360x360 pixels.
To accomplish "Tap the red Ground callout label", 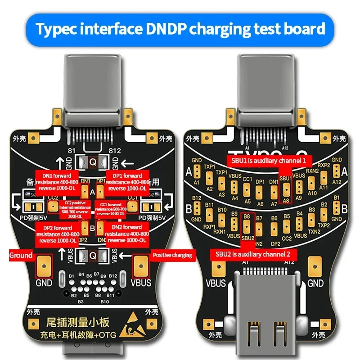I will click(21, 255).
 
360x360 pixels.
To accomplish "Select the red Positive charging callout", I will click(173, 255).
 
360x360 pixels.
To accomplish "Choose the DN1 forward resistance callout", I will click(57, 180).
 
